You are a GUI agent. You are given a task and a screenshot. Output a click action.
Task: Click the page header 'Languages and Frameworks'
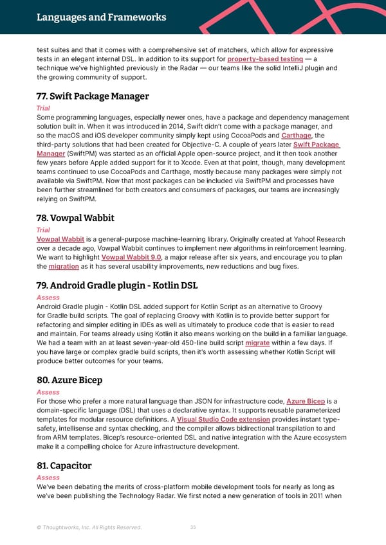pyautogui.click(x=101, y=17)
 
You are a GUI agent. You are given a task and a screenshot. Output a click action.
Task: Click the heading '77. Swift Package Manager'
pyautogui.click(x=93, y=96)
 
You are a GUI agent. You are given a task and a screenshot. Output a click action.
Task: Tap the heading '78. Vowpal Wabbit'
pyautogui.click(x=75, y=218)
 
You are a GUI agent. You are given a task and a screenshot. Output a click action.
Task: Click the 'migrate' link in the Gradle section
pyautogui.click(x=257, y=343)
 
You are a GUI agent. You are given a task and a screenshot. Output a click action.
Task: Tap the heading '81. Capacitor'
pyautogui.click(x=64, y=465)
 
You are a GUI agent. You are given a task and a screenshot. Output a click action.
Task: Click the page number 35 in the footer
pyautogui.click(x=193, y=528)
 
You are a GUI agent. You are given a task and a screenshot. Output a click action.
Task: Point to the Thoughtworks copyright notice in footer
pyautogui.click(x=89, y=528)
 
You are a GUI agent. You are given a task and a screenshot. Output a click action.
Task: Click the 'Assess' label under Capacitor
pyautogui.click(x=48, y=478)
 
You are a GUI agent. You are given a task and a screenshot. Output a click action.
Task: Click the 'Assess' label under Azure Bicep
pyautogui.click(x=48, y=392)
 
